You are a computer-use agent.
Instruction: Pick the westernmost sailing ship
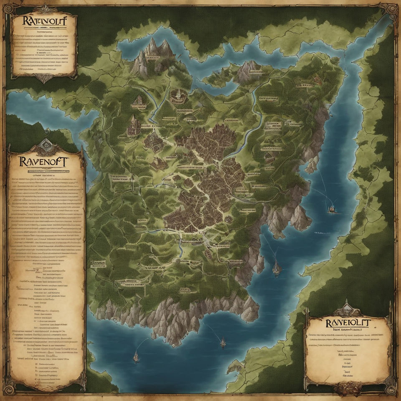[x=136, y=356]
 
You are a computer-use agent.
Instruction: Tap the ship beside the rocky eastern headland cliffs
[x=276, y=267]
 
